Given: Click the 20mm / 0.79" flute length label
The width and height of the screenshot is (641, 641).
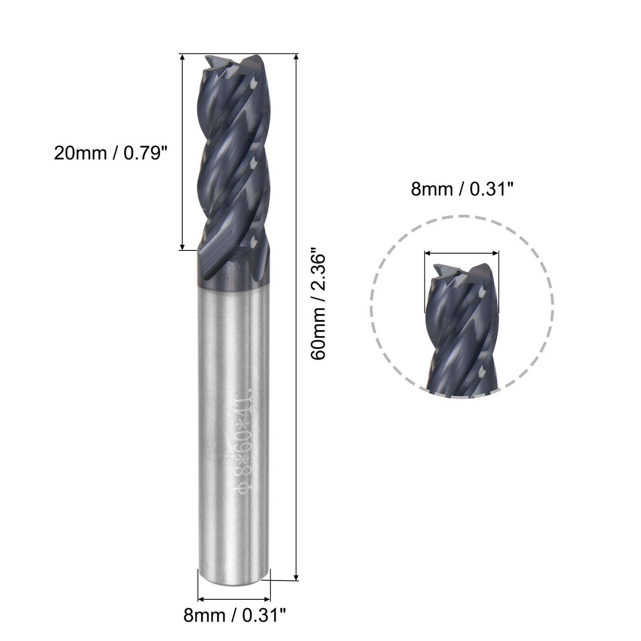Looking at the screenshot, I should (109, 153).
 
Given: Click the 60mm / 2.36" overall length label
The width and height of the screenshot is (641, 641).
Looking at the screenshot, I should (319, 304).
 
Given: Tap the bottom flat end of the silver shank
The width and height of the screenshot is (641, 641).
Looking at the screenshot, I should (234, 581).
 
